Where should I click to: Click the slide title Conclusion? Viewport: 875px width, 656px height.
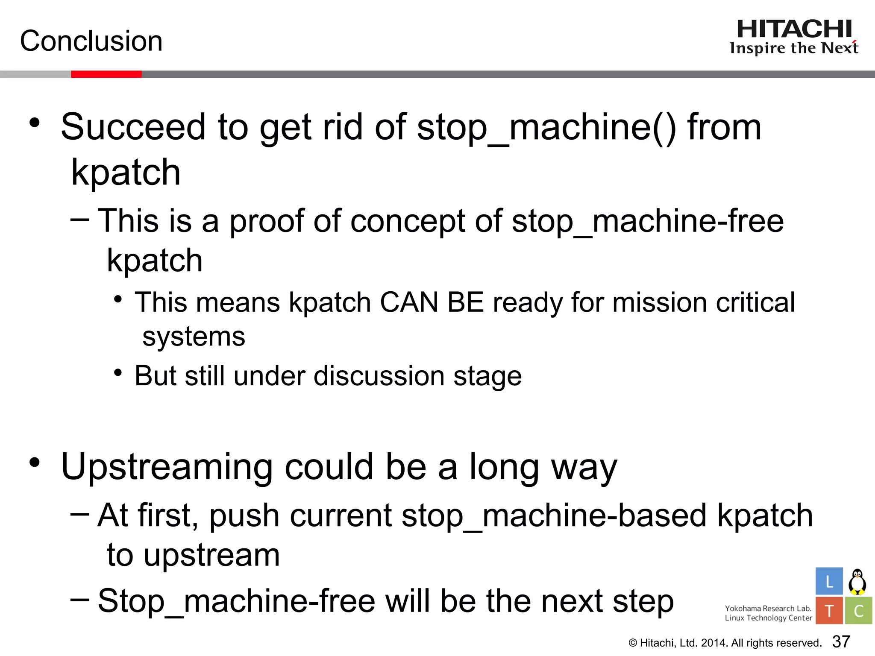(91, 41)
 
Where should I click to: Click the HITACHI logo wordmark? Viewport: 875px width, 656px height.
(794, 29)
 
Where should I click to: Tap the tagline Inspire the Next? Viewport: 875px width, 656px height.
(794, 48)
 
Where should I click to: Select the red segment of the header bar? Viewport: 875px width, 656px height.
(106, 74)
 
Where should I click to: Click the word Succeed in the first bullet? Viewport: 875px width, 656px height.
(133, 127)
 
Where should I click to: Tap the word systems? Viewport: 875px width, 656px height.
(194, 337)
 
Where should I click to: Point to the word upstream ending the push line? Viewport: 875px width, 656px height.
(211, 555)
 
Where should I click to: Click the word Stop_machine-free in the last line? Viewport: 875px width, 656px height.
(236, 601)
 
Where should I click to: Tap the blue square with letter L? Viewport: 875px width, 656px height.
(829, 581)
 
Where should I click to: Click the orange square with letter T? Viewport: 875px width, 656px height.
(829, 611)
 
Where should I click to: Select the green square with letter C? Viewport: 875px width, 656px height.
(858, 611)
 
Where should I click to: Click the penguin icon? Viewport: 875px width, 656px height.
(857, 582)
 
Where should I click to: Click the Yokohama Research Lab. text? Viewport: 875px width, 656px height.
(768, 608)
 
